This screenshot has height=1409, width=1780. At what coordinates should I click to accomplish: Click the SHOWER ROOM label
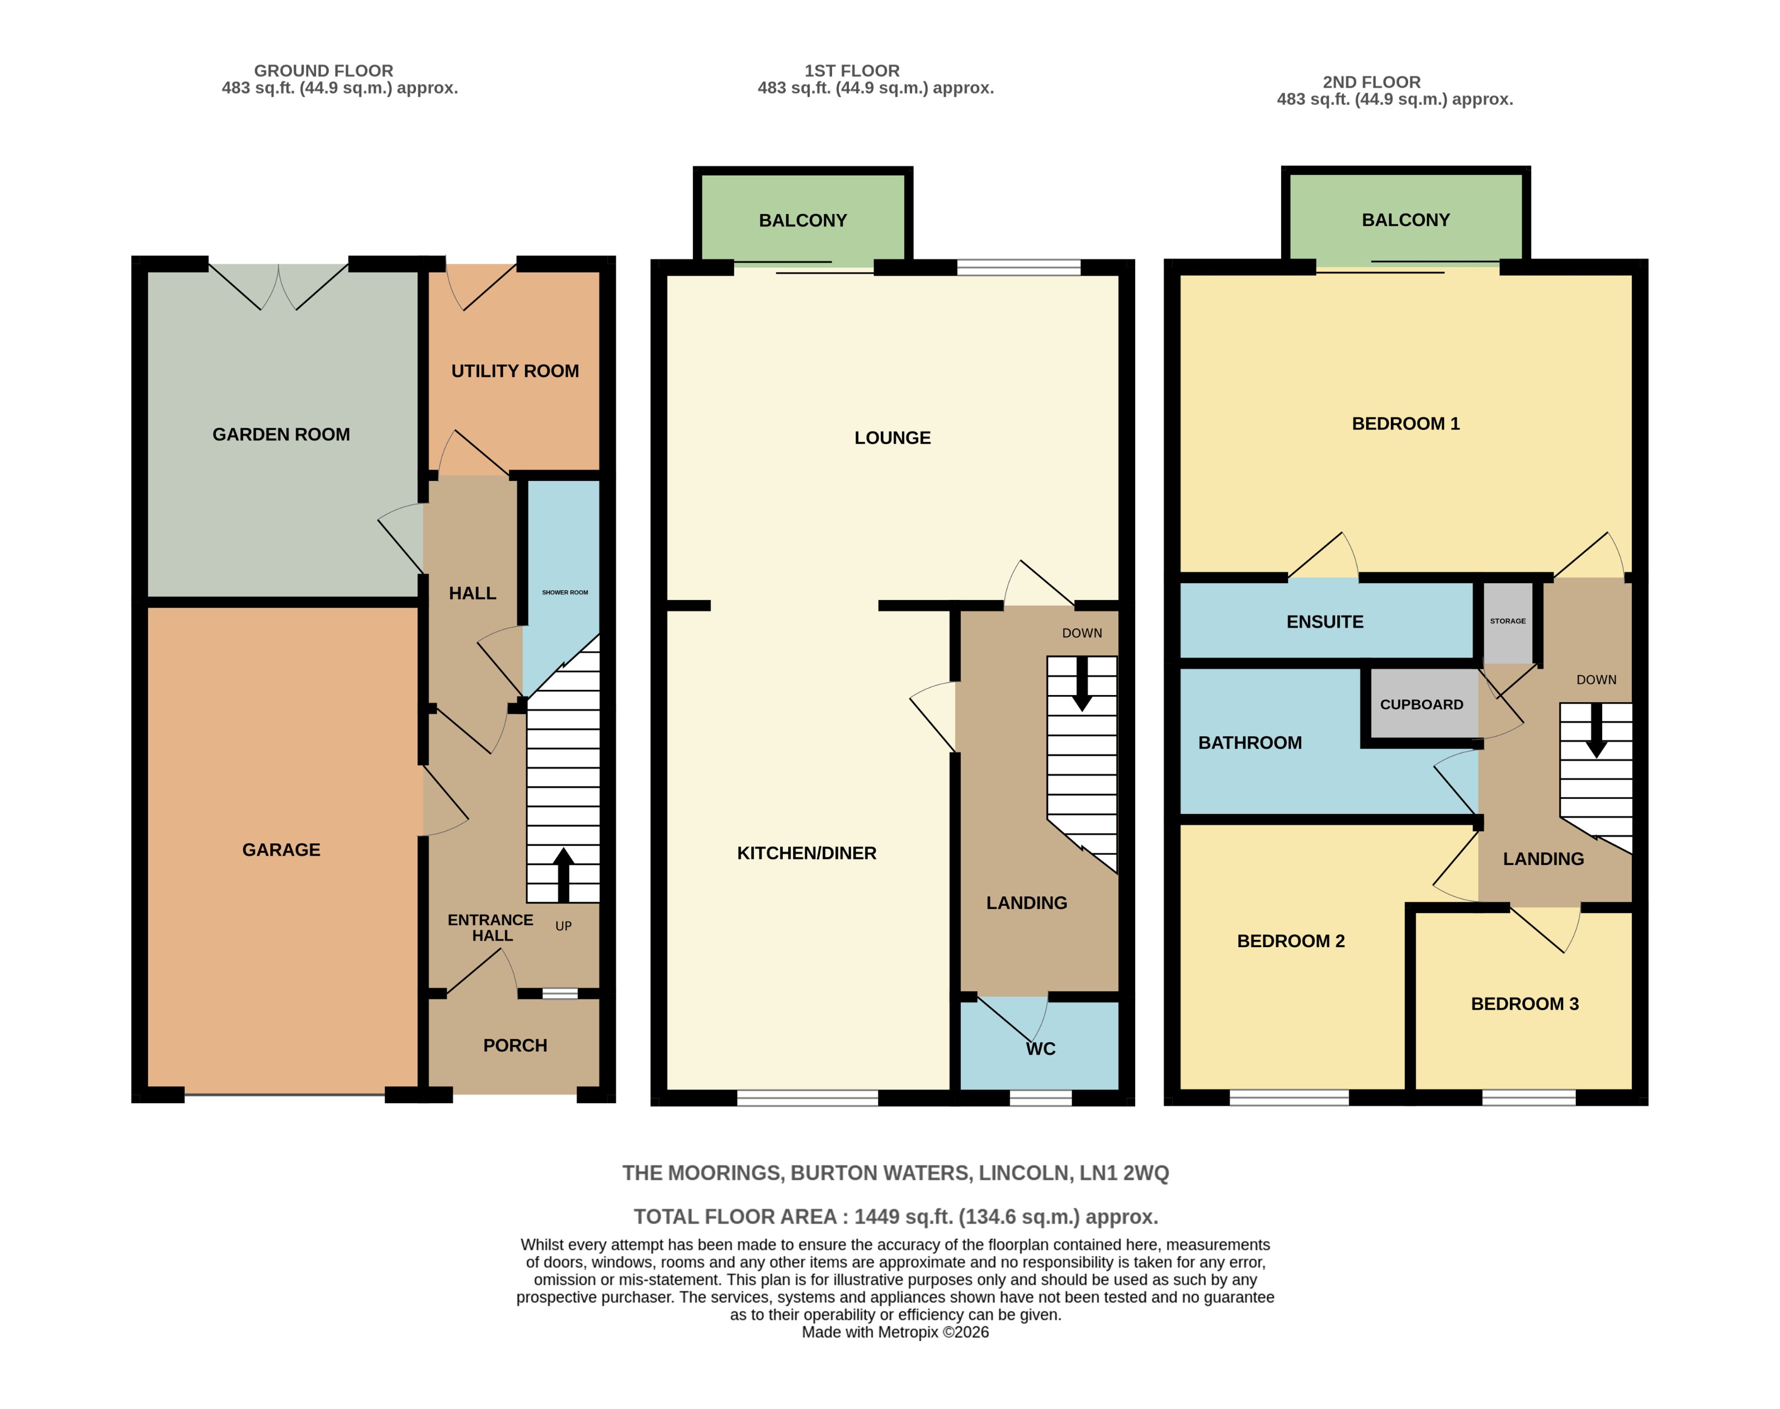564,592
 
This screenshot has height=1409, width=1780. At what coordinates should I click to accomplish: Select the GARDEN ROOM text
281,435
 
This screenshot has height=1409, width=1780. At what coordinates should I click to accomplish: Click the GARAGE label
281,850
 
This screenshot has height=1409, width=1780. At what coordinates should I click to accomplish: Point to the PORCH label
515,1045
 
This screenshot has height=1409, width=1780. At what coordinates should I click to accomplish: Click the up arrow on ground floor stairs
563,873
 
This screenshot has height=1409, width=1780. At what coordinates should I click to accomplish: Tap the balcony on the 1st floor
802,220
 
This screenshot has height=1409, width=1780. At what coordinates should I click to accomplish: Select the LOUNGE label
892,438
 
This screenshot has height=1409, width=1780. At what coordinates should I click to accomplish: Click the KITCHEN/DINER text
806,853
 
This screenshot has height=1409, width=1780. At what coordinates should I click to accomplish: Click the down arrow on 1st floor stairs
1081,685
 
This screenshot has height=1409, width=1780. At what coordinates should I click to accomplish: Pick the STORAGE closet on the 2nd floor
1507,621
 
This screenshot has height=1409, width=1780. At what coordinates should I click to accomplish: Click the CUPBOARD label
1421,704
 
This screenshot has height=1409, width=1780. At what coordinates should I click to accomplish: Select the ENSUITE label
1324,622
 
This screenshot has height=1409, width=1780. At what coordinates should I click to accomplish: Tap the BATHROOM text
1249,743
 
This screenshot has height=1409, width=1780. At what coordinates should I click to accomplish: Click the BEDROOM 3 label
1524,1004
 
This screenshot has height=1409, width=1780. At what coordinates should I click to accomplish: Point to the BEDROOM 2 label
1291,941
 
